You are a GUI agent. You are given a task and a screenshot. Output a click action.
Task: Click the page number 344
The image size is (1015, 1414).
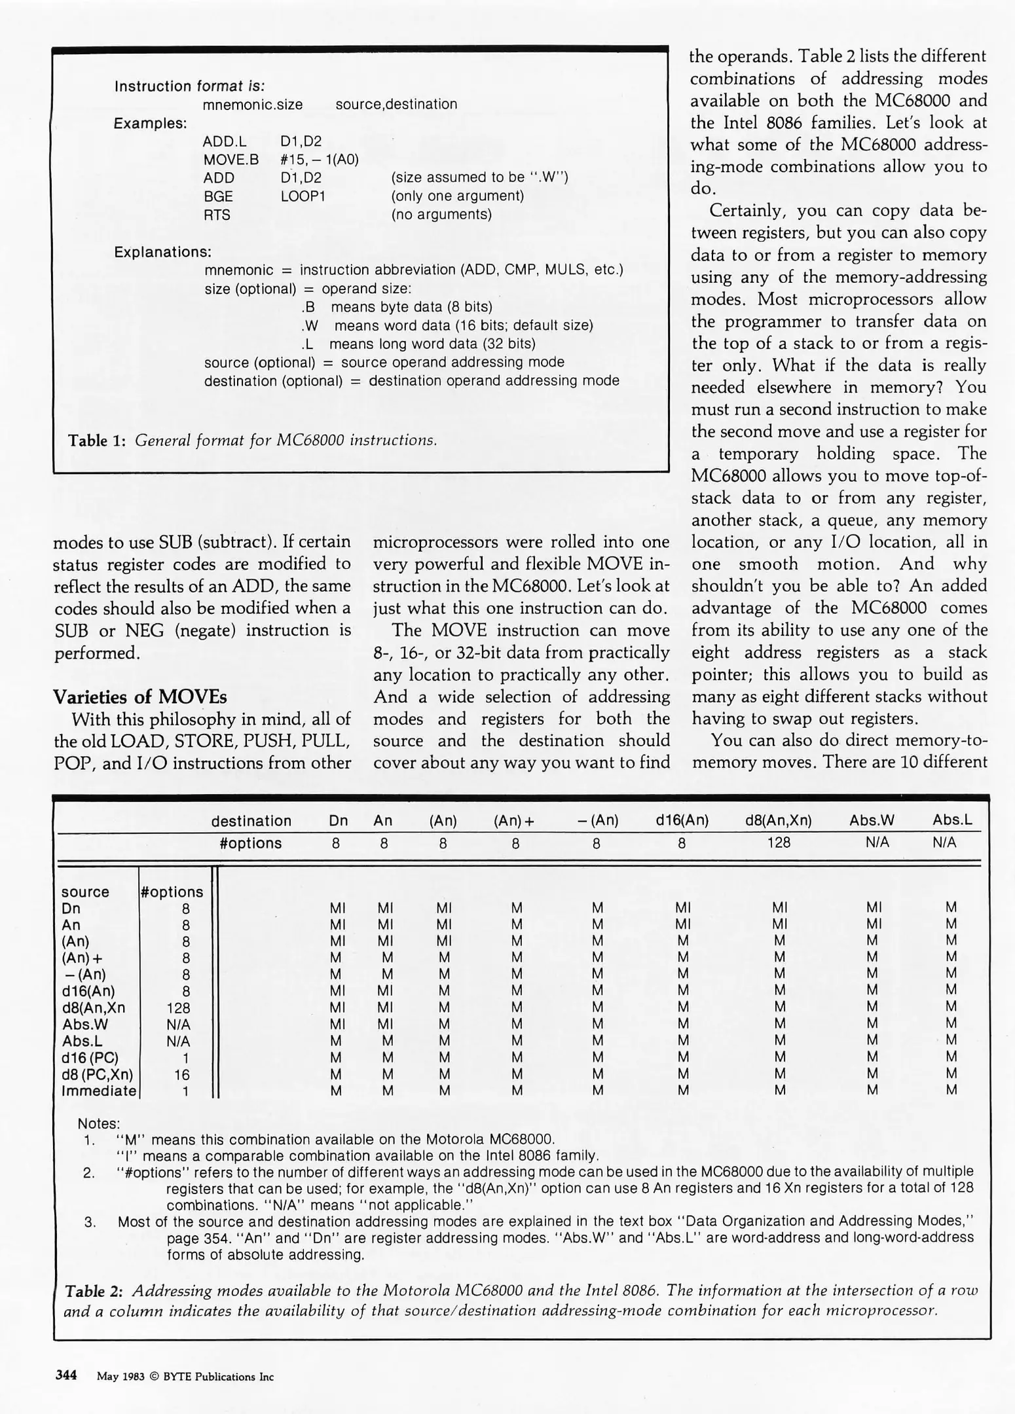[x=66, y=1375]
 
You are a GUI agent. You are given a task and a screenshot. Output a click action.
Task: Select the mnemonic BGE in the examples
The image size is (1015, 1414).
[x=218, y=196]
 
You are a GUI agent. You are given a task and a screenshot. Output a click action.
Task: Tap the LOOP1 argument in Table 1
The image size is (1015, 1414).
[x=303, y=196]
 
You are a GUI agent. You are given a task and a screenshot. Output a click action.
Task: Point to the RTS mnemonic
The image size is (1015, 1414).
[x=217, y=215]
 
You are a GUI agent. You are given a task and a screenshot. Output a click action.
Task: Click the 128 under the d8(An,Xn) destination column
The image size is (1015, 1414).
[x=779, y=843]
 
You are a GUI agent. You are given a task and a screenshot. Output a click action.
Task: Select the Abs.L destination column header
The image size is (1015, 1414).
[x=952, y=820]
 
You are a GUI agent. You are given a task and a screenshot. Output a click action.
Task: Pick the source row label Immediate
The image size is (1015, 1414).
[x=99, y=1091]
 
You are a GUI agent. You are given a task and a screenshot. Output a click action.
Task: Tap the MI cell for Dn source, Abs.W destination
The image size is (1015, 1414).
[x=874, y=908]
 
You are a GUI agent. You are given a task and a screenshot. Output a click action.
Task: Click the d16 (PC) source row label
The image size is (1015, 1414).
[x=90, y=1057]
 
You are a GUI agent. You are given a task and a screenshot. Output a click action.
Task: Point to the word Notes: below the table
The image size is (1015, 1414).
[x=99, y=1123]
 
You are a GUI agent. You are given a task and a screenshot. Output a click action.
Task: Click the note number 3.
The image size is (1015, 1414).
[x=90, y=1221]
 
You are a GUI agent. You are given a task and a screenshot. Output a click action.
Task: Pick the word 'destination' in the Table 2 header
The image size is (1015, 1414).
[x=251, y=821]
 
